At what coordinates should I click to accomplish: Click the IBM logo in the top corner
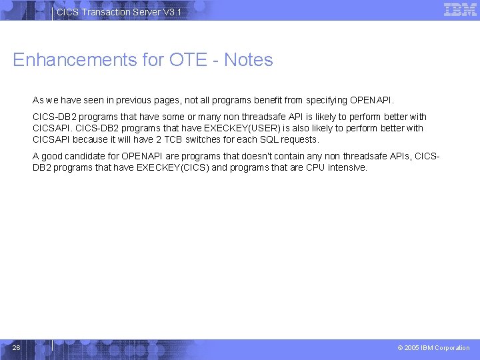[x=460, y=10]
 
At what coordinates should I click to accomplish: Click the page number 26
[x=17, y=347]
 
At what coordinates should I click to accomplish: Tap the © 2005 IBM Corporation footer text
[x=433, y=348]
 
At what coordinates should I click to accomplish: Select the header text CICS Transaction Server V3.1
[x=118, y=13]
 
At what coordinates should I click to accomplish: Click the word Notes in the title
[x=249, y=60]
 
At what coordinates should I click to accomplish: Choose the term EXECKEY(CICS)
[x=174, y=168]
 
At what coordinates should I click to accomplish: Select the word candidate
[x=81, y=157]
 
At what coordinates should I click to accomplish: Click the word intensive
[x=347, y=168]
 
